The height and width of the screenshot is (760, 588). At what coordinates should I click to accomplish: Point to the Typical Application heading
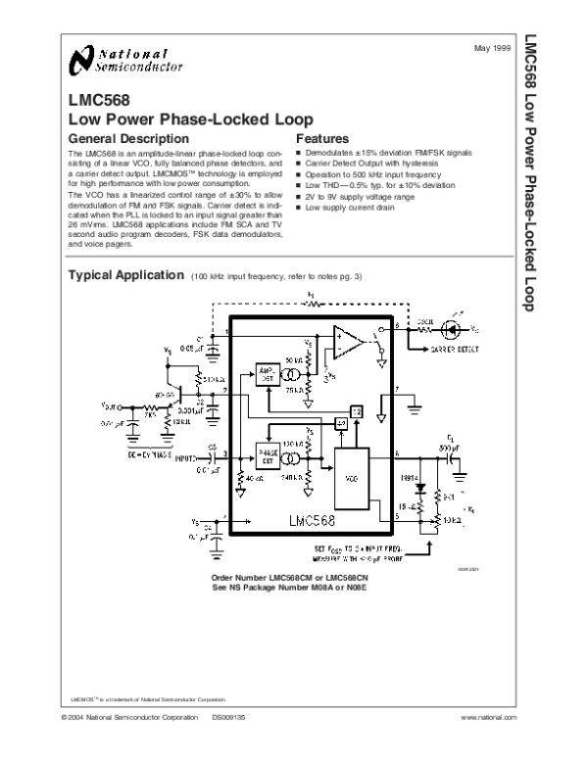click(x=123, y=275)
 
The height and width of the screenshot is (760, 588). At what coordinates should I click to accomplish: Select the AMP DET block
click(x=265, y=373)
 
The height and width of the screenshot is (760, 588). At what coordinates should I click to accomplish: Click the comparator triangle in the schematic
click(x=346, y=343)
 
